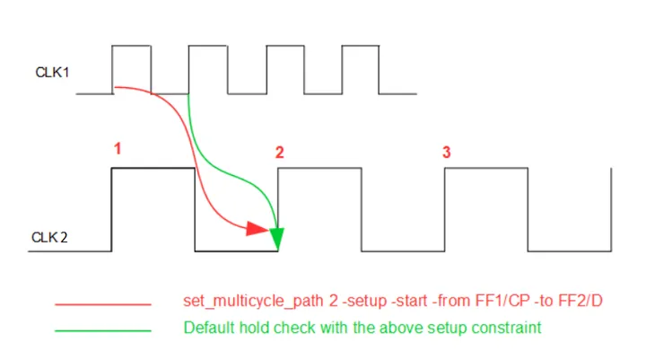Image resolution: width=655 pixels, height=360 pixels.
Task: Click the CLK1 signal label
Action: [x=53, y=72]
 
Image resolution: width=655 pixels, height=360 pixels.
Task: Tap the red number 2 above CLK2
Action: [x=279, y=153]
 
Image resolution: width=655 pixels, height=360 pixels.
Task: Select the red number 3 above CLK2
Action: [x=446, y=153]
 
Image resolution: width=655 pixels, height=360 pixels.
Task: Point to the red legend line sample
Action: [x=102, y=304]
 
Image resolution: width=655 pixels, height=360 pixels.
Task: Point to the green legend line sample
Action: [x=102, y=330]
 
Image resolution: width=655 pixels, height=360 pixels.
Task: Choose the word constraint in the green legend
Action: [x=509, y=329]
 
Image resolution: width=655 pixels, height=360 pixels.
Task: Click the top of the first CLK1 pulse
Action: [x=131, y=45]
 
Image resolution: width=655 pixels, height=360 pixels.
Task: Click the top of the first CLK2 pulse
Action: [x=153, y=168]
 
